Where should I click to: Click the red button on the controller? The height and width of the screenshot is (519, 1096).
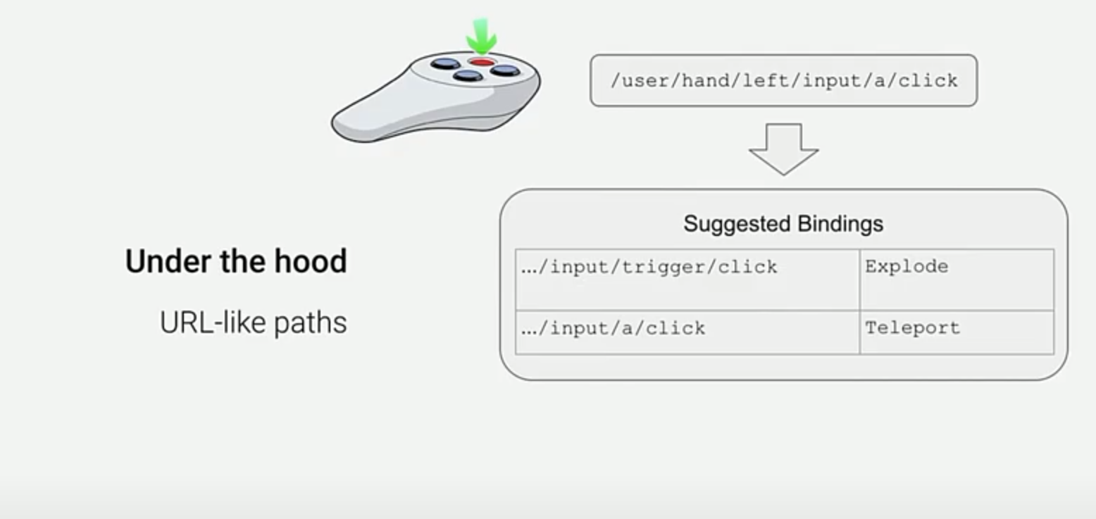tap(482, 63)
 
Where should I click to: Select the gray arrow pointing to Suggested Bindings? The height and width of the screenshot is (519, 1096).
tap(783, 148)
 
